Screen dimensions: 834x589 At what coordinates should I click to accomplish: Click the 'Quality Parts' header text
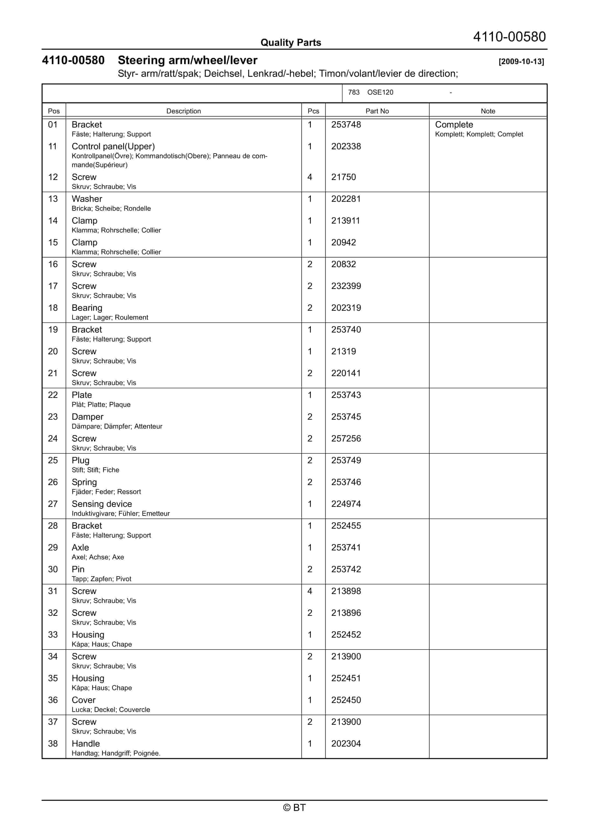(x=291, y=43)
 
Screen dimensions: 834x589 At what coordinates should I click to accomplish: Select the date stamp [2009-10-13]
(x=521, y=61)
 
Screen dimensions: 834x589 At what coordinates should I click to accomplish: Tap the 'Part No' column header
(x=377, y=111)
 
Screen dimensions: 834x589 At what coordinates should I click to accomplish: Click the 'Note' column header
(x=488, y=111)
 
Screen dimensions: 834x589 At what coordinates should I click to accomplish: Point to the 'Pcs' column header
(x=313, y=111)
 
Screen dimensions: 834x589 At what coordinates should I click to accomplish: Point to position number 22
(x=53, y=395)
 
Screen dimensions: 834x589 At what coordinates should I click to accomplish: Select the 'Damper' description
(x=88, y=417)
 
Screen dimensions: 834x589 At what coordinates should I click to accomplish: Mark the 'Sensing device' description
(x=102, y=504)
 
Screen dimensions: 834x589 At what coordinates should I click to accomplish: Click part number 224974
(x=346, y=504)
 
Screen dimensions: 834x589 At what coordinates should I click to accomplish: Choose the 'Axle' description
(x=80, y=547)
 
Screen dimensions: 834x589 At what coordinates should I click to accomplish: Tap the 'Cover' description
(x=83, y=700)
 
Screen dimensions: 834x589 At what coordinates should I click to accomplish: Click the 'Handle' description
(x=86, y=744)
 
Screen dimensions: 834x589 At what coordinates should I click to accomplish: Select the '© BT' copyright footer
(x=294, y=808)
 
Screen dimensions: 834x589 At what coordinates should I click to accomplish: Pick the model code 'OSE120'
(x=380, y=92)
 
